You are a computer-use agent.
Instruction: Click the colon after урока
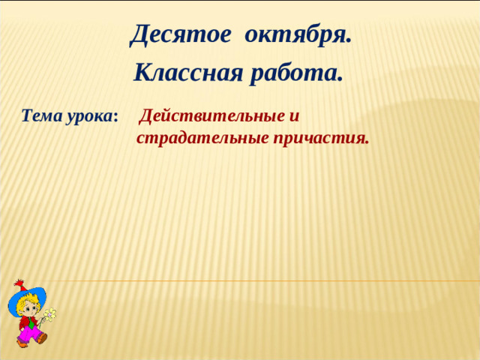tap(115, 118)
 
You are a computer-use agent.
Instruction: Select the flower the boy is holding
tap(49, 314)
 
